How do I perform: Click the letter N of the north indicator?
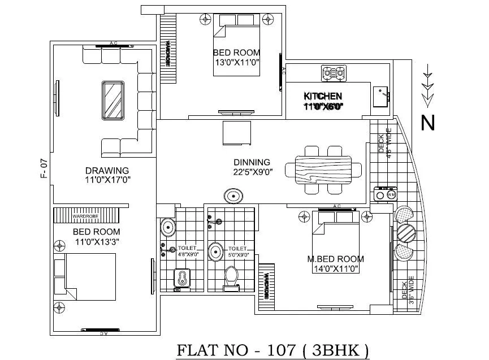coord(428,122)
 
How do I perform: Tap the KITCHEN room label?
coord(323,96)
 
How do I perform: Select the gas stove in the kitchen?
coord(333,73)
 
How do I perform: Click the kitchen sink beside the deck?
coord(381,96)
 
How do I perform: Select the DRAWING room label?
coord(107,170)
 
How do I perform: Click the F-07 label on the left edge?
coord(44,170)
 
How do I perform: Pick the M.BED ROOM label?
coord(335,259)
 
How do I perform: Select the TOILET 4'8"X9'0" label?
coord(187,251)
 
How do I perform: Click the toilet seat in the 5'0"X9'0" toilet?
coord(231,276)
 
